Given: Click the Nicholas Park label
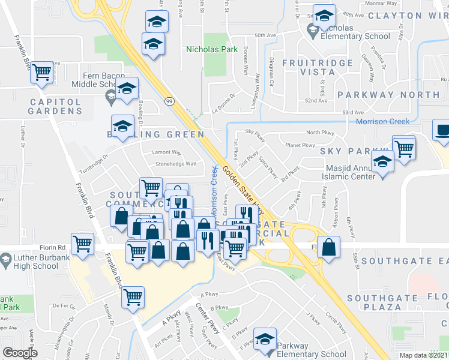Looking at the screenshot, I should pyautogui.click(x=212, y=50).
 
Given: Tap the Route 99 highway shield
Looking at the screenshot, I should pyautogui.click(x=170, y=102).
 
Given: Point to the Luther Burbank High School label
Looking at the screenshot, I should pyautogui.click(x=34, y=262).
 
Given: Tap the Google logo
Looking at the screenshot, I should pyautogui.click(x=20, y=353).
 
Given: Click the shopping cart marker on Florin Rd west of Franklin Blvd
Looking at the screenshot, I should pyautogui.click(x=82, y=243).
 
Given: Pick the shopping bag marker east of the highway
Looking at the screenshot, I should pyautogui.click(x=329, y=247).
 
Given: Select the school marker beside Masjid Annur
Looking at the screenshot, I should pyautogui.click(x=382, y=161).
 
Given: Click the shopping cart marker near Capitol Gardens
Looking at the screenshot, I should pyautogui.click(x=42, y=72).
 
